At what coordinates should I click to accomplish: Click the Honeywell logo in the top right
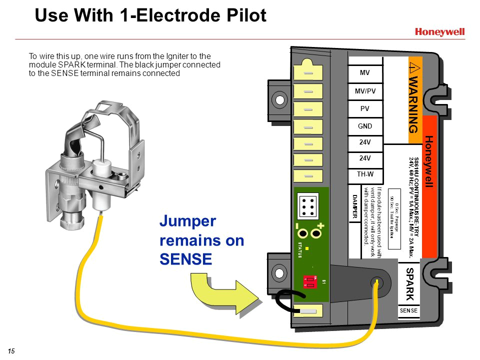pyautogui.click(x=439, y=32)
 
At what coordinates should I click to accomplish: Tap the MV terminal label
pyautogui.click(x=365, y=73)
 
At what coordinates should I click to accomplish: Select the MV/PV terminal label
pyautogui.click(x=365, y=91)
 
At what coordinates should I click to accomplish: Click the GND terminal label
pyautogui.click(x=365, y=126)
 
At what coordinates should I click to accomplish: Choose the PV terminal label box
pyautogui.click(x=365, y=108)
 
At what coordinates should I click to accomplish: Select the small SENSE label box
pyautogui.click(x=409, y=311)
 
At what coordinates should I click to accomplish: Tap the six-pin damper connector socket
pyautogui.click(x=308, y=205)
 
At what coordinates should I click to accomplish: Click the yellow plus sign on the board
pyautogui.click(x=320, y=226)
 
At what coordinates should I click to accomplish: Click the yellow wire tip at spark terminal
pyautogui.click(x=375, y=282)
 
